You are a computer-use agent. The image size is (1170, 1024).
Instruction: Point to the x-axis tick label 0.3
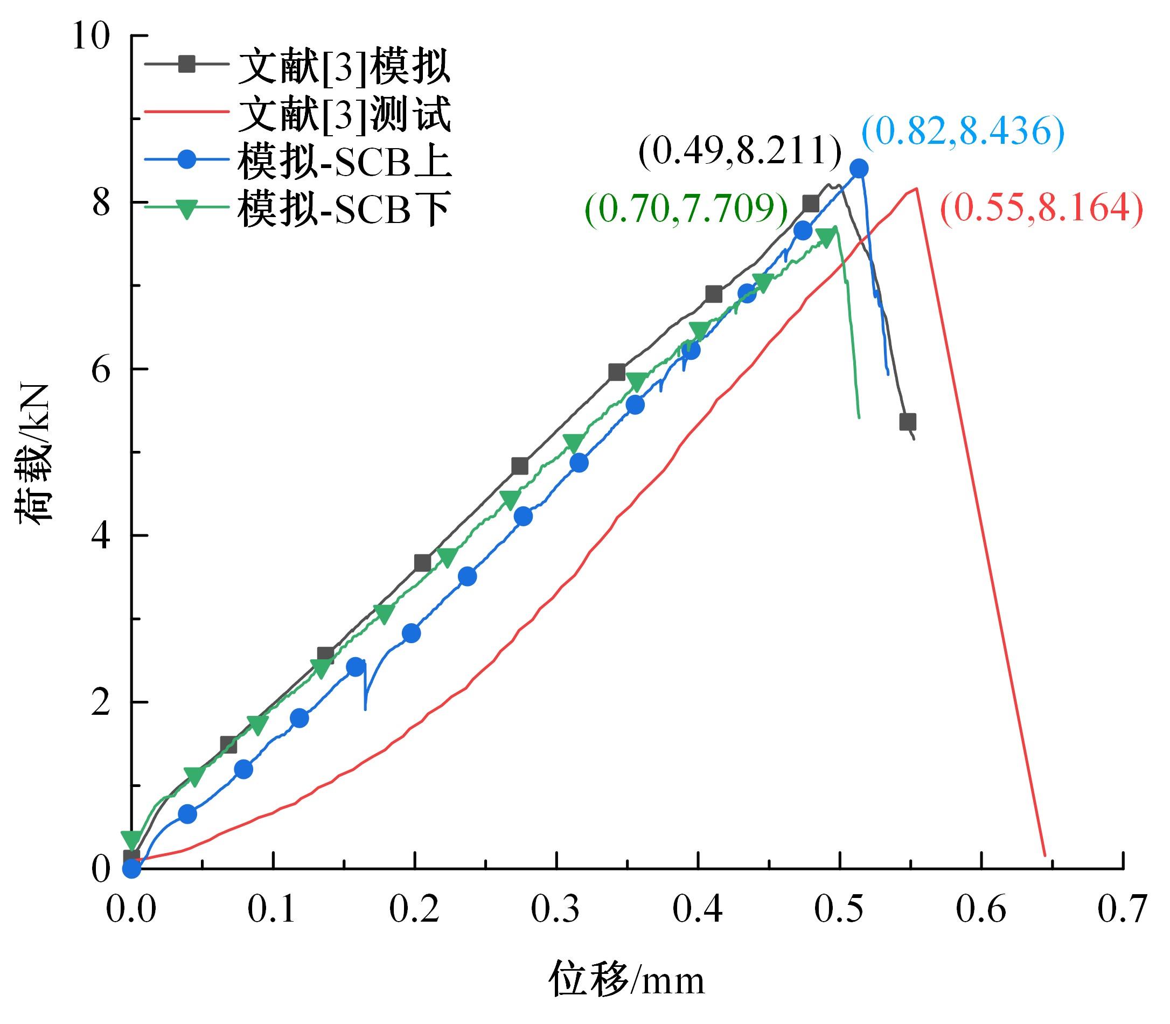(556, 910)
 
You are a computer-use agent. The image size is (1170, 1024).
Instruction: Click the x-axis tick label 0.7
(1122, 910)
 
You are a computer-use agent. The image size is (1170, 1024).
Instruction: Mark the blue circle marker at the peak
(859, 169)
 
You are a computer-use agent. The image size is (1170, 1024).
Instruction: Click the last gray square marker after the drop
(907, 422)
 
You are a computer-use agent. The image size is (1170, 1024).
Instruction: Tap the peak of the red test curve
(917, 188)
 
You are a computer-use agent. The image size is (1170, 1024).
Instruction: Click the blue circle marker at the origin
(132, 869)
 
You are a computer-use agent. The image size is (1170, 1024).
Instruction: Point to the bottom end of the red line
(1045, 856)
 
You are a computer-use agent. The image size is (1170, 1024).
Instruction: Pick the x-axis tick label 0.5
(839, 910)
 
